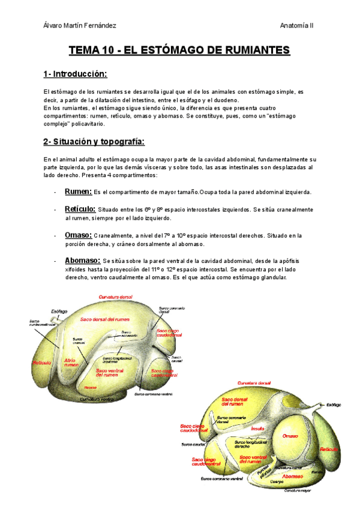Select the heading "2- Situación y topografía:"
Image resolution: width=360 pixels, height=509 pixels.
[x=94, y=142]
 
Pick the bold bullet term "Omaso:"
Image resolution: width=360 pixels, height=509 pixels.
[x=78, y=235]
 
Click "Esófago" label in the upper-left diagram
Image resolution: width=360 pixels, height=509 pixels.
[x=59, y=311]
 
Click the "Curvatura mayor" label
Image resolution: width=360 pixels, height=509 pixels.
[x=299, y=490]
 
